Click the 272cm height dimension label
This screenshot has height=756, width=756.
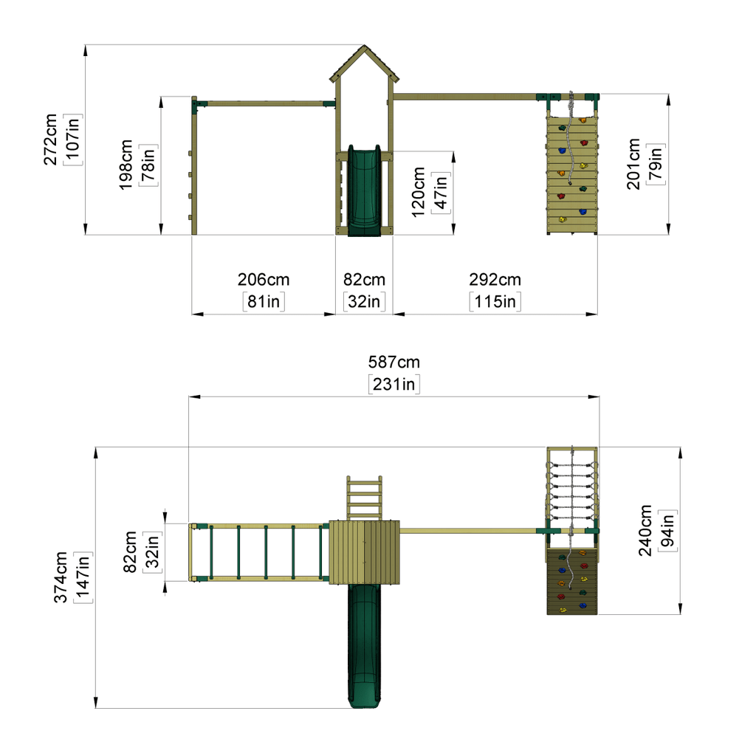(x=50, y=140)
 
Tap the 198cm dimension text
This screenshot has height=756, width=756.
(x=126, y=165)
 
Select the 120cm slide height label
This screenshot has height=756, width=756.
(x=418, y=192)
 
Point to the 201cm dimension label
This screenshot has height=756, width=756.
(x=633, y=164)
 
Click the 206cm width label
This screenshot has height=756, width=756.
(x=264, y=279)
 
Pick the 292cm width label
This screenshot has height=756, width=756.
(x=495, y=279)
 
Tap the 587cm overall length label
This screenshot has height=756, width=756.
(x=394, y=362)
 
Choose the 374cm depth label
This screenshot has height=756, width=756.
(x=61, y=577)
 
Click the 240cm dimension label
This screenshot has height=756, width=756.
(x=645, y=530)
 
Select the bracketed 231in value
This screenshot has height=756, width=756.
(x=394, y=384)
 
